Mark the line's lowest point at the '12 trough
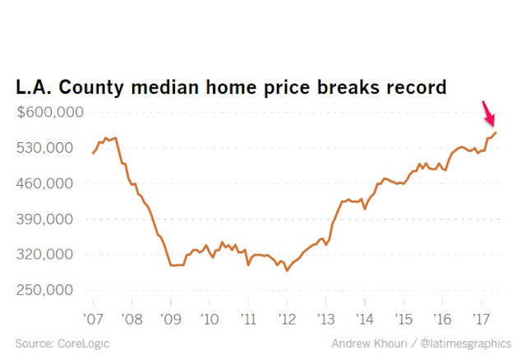(x=287, y=270)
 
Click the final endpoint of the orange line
(x=496, y=132)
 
